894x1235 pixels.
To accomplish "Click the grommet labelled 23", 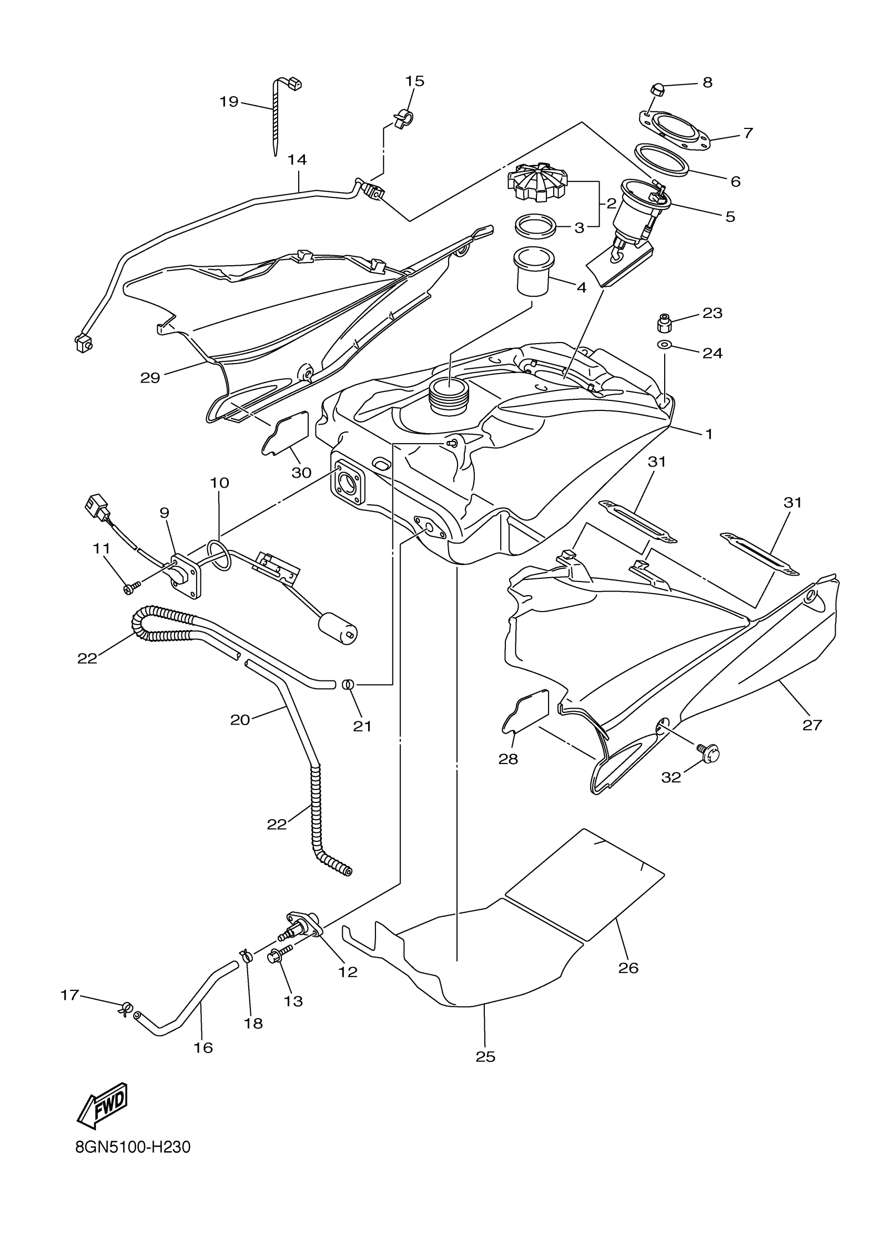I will [x=664, y=324].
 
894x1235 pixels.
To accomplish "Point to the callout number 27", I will [x=812, y=724].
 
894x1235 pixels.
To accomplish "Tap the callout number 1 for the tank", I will [x=708, y=434].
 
